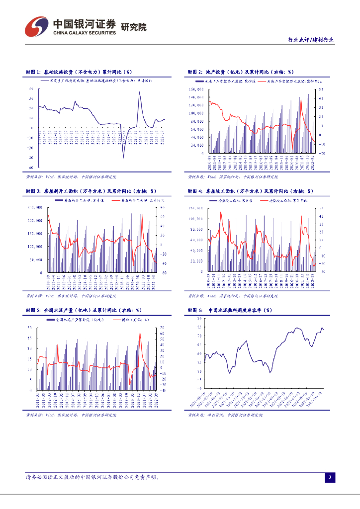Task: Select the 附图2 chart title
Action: (241, 72)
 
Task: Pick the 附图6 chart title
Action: (230, 310)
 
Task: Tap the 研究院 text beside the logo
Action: (134, 27)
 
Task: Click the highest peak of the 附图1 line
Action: (139, 92)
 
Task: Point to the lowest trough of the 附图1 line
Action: (124, 158)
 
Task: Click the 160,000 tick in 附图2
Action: (195, 89)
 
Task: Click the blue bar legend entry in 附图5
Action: (73, 319)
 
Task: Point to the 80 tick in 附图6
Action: (199, 325)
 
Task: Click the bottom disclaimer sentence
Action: (92, 477)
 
